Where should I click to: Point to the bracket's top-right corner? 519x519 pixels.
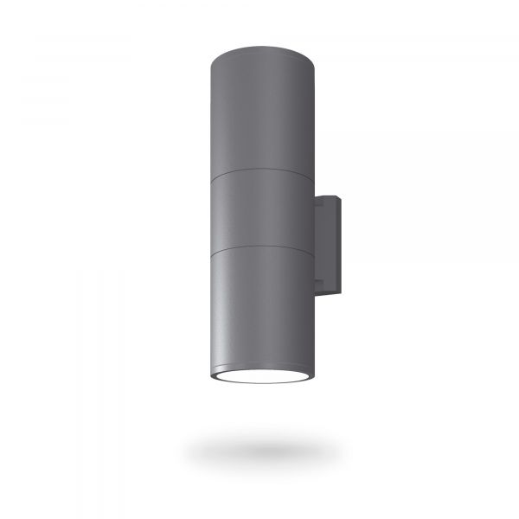(x=343, y=198)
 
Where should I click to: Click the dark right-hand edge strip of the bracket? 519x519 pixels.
(x=341, y=247)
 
